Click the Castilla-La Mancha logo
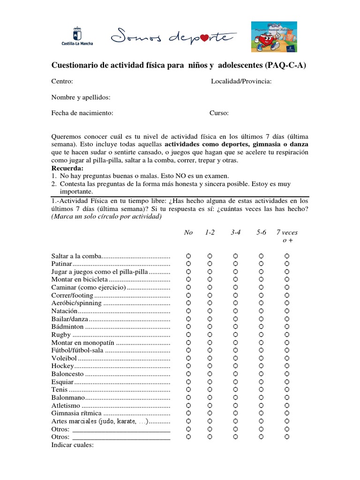click(77, 36)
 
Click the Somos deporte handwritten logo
click(170, 36)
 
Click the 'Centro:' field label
click(62, 82)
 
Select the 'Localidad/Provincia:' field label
click(241, 82)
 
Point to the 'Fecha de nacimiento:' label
click(82, 113)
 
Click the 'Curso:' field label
click(219, 113)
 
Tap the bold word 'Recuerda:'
click(67, 168)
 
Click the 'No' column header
click(188, 232)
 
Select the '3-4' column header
click(235, 232)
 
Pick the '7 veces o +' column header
click(287, 236)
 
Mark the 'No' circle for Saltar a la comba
click(188, 256)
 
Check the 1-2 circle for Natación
click(210, 311)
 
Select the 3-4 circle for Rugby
click(235, 335)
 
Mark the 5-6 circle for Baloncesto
click(262, 374)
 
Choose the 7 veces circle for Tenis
click(287, 390)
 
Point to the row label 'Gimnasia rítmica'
click(76, 413)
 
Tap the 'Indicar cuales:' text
click(73, 445)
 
